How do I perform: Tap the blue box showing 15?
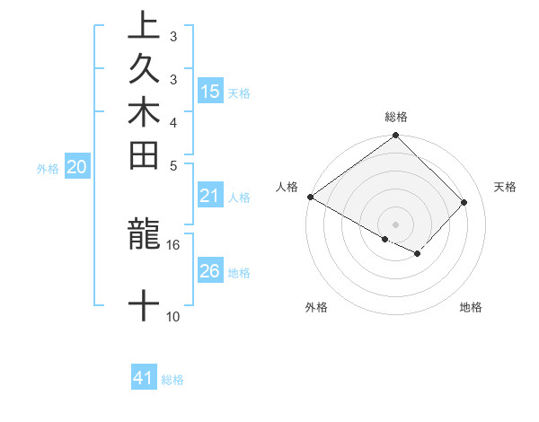(210, 91)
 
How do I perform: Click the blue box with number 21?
(210, 197)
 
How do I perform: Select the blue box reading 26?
(210, 271)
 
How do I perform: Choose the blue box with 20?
(77, 167)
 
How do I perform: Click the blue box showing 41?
(144, 378)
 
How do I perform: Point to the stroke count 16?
(172, 244)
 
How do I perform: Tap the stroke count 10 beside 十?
(172, 316)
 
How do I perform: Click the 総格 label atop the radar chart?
(396, 118)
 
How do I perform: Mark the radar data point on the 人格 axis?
(310, 197)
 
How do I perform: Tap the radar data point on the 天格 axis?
(464, 202)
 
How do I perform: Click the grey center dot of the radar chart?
(396, 224)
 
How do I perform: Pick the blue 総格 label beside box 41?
(172, 380)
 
